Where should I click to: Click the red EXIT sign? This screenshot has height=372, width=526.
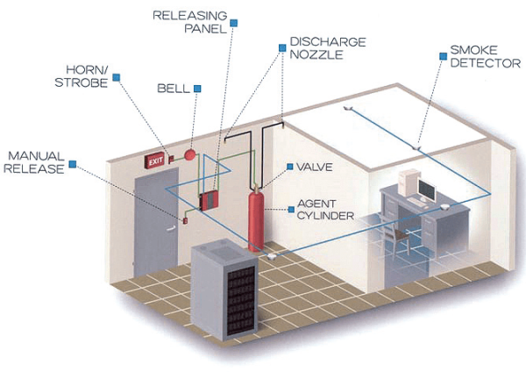(x=156, y=161)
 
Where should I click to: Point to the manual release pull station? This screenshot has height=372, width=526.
(x=185, y=220)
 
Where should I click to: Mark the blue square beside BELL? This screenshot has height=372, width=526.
(x=197, y=88)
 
